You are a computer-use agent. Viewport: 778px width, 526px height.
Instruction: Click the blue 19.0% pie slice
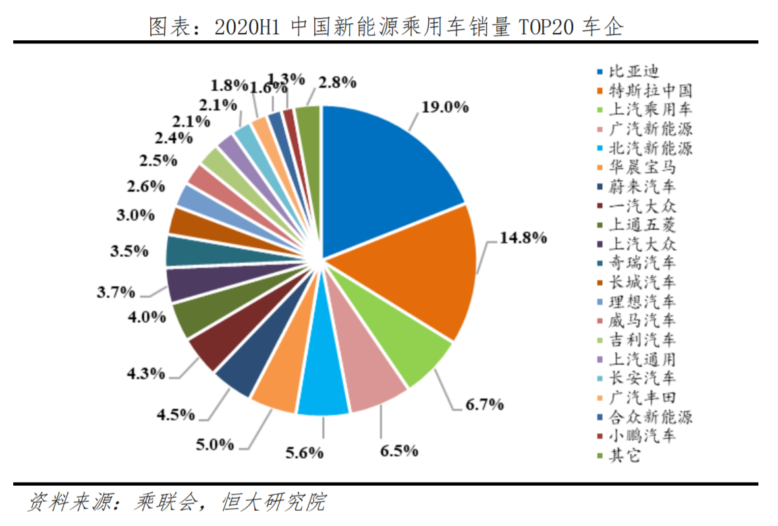click(389, 178)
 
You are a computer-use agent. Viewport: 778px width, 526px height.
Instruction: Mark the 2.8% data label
click(337, 82)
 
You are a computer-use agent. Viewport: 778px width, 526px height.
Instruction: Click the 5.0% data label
click(215, 444)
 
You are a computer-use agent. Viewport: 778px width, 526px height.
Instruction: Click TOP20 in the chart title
click(547, 27)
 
